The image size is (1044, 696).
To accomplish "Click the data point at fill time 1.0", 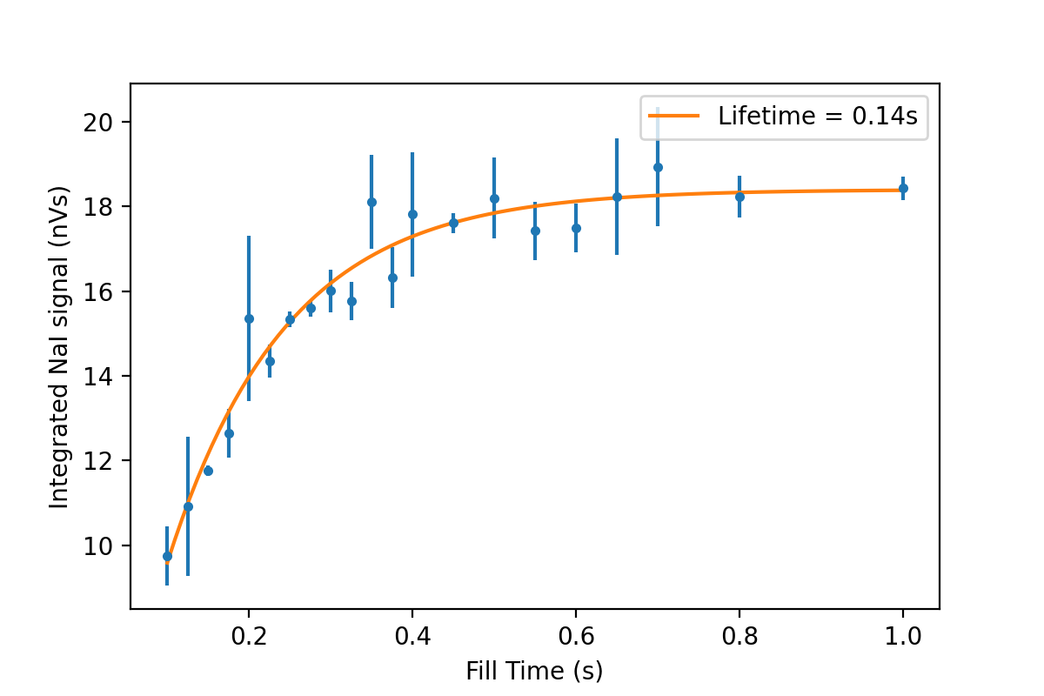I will [x=903, y=188].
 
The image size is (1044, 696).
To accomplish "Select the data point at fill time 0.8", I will [x=739, y=197].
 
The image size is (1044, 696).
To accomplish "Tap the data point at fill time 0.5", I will [x=494, y=198].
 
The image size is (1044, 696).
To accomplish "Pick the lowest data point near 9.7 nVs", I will [x=167, y=556].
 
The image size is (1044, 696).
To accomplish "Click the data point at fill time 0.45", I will [x=453, y=223].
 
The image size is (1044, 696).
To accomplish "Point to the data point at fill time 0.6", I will [x=576, y=228].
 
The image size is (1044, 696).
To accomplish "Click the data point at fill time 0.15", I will [x=208, y=471].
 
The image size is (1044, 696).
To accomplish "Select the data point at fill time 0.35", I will [x=371, y=202].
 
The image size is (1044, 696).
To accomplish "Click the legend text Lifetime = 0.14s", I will [x=818, y=117].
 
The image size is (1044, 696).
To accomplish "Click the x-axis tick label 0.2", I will [x=249, y=636].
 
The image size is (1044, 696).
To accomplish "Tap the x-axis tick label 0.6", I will [x=576, y=636].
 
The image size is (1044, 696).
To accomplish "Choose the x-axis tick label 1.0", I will [x=903, y=636].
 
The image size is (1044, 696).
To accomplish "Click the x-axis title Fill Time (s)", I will [x=534, y=671].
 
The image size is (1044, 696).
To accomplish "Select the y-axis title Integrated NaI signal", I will [x=59, y=346].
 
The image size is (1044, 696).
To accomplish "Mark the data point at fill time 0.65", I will [x=617, y=197].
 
